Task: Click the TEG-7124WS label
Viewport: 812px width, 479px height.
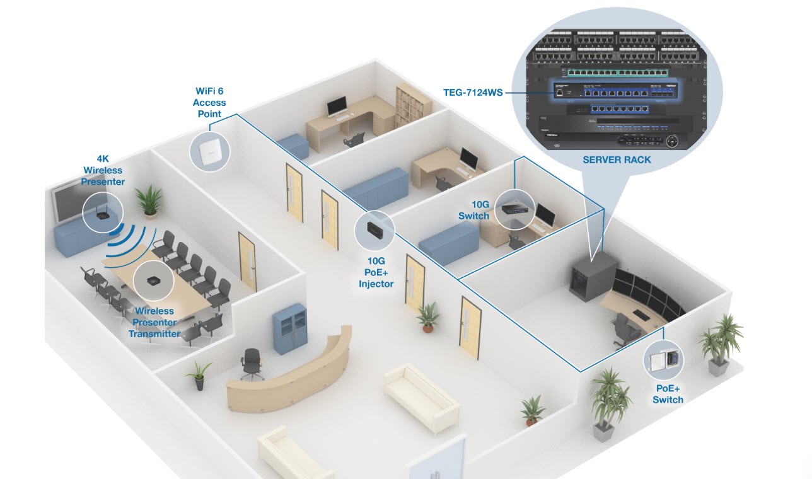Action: point(473,93)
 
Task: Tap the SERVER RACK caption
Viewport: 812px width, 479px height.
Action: point(617,160)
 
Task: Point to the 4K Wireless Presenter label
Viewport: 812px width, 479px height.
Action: point(104,171)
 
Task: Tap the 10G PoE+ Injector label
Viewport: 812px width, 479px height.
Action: point(376,272)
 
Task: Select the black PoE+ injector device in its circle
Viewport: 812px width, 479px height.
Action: point(374,229)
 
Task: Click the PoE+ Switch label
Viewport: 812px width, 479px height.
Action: point(668,394)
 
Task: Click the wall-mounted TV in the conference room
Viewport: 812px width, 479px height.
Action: point(66,202)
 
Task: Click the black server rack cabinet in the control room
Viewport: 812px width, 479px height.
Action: point(592,276)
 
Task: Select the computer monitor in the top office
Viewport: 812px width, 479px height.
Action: point(338,106)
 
